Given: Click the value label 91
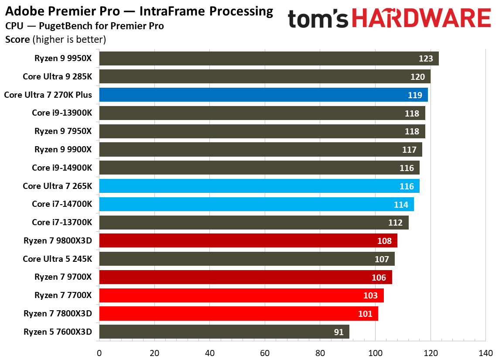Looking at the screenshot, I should coord(339,332).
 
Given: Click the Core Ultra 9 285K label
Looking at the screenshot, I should coord(58,77).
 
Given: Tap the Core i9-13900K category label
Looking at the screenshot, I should coord(62,113).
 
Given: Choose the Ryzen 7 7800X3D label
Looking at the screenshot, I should coord(58,313).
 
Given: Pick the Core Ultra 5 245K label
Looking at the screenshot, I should coord(58,259).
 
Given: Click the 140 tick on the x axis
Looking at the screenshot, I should coord(485,353).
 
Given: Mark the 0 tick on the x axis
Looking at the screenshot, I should coord(99,353).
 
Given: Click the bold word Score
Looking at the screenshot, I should coord(17,40).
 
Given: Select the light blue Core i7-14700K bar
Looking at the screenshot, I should coord(256,204).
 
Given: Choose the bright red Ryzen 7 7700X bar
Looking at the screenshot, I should coord(241,295).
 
